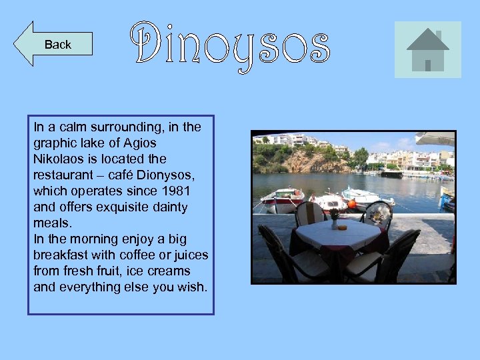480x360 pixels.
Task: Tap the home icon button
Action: click(x=427, y=49)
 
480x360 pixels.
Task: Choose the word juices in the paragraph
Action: click(x=191, y=255)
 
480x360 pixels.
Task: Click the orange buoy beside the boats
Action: click(x=352, y=203)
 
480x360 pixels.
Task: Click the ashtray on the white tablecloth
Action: click(x=343, y=227)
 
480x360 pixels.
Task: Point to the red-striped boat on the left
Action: click(x=282, y=198)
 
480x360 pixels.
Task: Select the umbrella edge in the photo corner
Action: click(x=435, y=139)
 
